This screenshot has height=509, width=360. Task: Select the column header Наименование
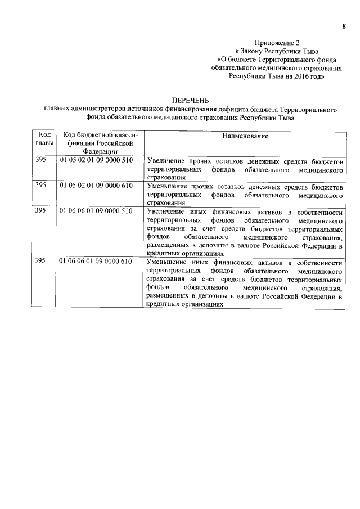coord(245,136)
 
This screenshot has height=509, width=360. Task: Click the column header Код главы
coord(44,139)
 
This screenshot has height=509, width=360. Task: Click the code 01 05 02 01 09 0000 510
coord(96,160)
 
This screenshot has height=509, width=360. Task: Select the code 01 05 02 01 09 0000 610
coord(96,185)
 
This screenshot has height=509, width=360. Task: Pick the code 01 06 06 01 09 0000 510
coord(96,211)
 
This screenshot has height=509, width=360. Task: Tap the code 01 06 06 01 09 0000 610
coord(96,262)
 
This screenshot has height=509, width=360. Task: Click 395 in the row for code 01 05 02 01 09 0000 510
coord(41,160)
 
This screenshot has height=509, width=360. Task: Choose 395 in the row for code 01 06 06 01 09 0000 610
coord(41,262)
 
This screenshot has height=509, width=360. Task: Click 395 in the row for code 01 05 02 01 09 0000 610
coord(41,185)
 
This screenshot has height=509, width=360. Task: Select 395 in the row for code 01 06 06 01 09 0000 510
coord(41,211)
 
